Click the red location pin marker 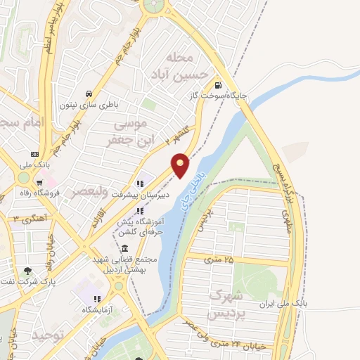pyautogui.click(x=181, y=165)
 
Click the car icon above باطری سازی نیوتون pyautogui.click(x=89, y=94)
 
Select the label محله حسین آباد pyautogui.click(x=186, y=65)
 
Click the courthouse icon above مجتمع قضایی pyautogui.click(x=124, y=248)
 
